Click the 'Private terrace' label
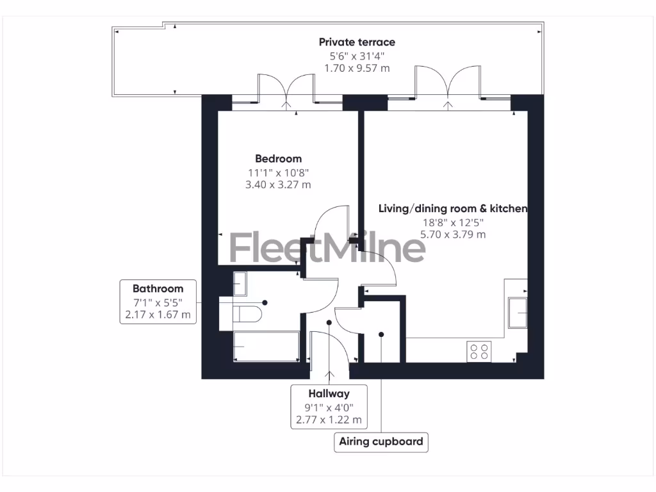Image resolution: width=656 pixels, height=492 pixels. click(x=357, y=42)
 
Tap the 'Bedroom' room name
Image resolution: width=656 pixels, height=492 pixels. click(x=278, y=159)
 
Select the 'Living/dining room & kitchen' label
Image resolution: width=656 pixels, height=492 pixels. click(x=452, y=209)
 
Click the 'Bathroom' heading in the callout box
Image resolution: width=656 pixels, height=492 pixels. click(x=158, y=288)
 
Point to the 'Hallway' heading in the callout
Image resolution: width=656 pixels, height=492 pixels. click(x=329, y=393)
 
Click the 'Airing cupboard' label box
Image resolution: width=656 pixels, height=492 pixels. click(x=381, y=441)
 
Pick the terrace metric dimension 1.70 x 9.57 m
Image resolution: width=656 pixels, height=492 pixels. click(x=357, y=68)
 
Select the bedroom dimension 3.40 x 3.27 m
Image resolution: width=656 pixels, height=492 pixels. click(x=278, y=185)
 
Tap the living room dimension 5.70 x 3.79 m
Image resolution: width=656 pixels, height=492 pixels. click(x=452, y=234)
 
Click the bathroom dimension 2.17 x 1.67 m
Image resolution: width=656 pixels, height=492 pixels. click(x=158, y=315)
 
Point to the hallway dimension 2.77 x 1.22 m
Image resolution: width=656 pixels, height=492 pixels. click(x=329, y=420)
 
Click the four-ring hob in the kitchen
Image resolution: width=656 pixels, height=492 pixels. click(x=479, y=351)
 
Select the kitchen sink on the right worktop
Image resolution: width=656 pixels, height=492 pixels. click(x=517, y=313)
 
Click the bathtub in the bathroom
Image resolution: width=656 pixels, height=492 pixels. click(x=266, y=347)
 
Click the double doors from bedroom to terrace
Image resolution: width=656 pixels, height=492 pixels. click(x=286, y=90)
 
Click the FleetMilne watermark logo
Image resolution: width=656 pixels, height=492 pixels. click(x=327, y=249)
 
